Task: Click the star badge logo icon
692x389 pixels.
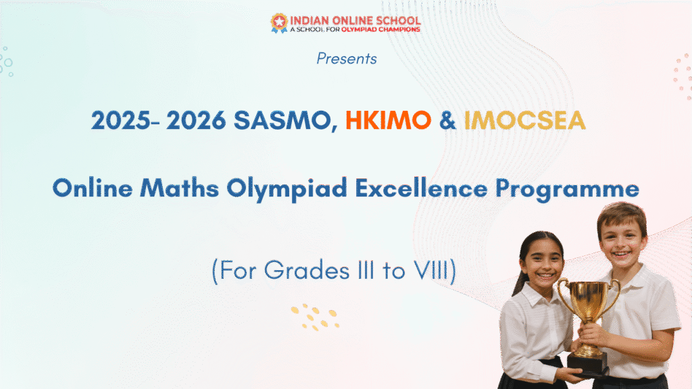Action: (279, 23)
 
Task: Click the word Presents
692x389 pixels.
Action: (347, 59)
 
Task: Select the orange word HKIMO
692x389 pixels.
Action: (388, 120)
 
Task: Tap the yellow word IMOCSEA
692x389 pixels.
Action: (524, 120)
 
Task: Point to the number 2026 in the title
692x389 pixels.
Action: (196, 120)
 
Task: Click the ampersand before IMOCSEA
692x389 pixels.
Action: (447, 120)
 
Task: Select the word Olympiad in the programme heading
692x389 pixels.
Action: (287, 189)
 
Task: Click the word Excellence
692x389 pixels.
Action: (422, 188)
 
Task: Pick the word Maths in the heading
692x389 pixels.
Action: (179, 188)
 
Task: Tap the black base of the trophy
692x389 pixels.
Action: (588, 365)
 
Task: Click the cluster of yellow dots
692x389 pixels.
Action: (315, 317)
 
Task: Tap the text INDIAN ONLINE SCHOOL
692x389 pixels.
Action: (355, 21)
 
